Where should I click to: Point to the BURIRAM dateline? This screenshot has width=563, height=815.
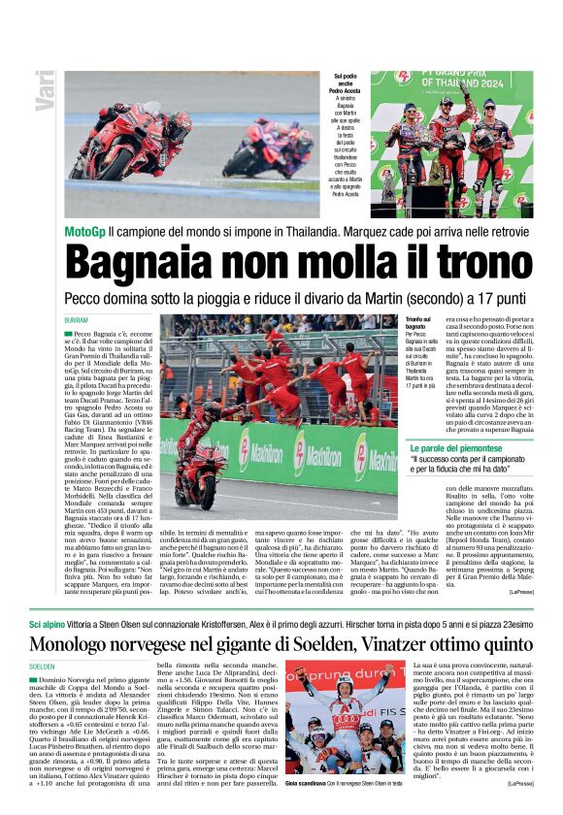(77, 320)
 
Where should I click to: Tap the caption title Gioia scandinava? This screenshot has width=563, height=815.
(309, 782)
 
